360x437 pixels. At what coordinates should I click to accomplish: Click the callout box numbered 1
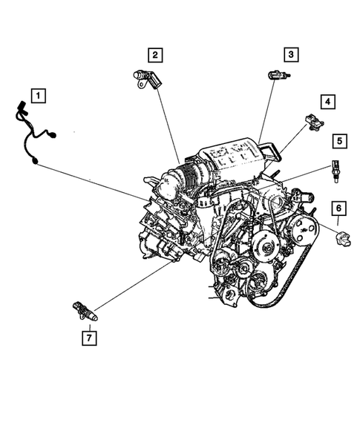pos(37,96)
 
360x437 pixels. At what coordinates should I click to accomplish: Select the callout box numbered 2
pos(154,54)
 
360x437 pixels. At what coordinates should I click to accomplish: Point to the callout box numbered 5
pos(338,140)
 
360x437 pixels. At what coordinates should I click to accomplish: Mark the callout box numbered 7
pos(89,338)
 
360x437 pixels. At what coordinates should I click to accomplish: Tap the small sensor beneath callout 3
pos(278,75)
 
